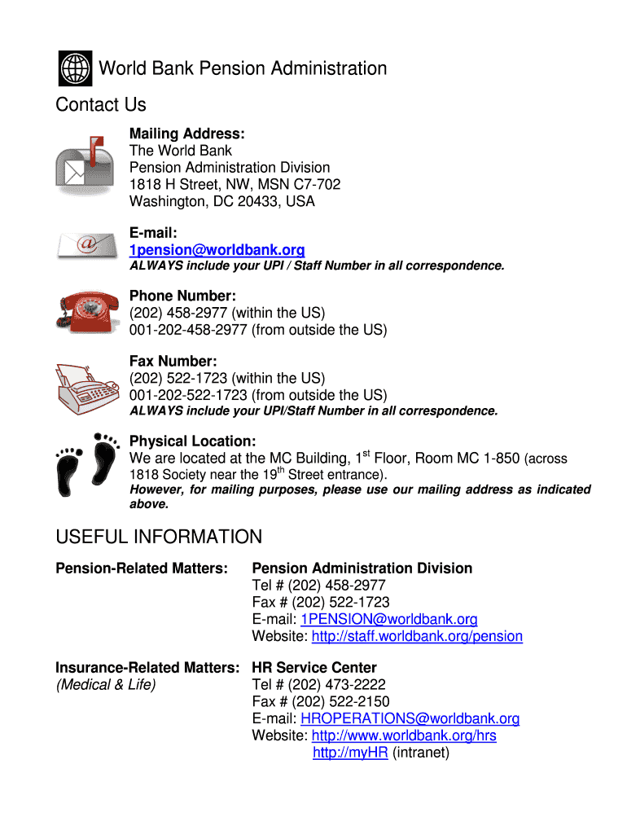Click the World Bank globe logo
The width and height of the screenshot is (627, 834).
76,68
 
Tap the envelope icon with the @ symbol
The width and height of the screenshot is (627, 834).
85,244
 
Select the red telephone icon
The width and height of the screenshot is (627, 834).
85,311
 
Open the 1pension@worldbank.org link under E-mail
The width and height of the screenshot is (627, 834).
217,250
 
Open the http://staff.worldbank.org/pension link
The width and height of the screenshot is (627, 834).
417,637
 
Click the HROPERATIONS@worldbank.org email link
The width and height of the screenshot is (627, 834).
410,719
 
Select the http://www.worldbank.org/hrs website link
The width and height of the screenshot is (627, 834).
404,736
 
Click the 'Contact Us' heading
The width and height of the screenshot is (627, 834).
101,105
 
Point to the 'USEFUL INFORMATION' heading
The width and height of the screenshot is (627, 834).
159,538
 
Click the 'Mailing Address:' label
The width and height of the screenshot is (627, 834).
187,134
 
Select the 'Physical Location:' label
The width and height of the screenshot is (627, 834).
193,441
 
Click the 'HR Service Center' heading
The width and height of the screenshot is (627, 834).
314,668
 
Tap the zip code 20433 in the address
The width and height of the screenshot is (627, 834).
258,202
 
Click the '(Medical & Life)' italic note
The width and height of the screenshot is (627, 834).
106,685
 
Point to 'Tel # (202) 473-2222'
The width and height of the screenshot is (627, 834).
319,685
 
